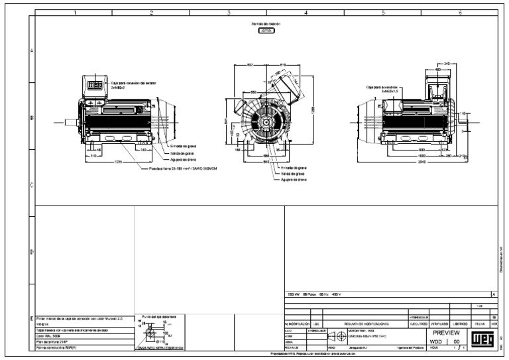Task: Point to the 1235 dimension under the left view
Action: coord(119,162)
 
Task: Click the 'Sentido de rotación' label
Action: coord(266,24)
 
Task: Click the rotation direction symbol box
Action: coord(266,31)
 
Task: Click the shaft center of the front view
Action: coord(266,123)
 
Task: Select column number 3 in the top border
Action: coord(228,12)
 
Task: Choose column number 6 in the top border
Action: coord(459,12)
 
